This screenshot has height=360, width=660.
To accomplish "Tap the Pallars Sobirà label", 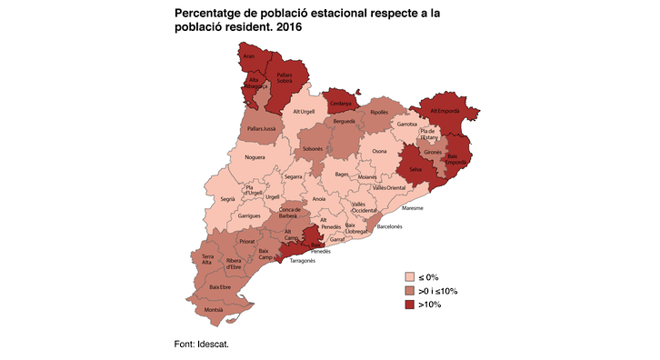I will pos(284,78).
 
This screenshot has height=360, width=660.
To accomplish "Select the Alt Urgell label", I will pos(302,112).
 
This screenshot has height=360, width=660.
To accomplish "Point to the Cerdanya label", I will pos(341,103).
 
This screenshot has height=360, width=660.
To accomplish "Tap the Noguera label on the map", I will pos(255,157).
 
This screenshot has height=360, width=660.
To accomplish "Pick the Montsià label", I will pos(214,310).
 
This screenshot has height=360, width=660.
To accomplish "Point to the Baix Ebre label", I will pos(219,286).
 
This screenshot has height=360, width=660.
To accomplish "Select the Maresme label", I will pos(412,207).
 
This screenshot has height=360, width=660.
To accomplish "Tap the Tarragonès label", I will pos(302,261).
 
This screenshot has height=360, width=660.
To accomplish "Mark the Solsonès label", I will pos(312,147).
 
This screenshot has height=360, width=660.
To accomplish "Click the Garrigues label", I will pos(249,216).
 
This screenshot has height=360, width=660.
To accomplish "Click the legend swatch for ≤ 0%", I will pos(411,277).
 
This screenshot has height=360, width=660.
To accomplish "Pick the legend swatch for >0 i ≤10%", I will pos(411,290).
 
